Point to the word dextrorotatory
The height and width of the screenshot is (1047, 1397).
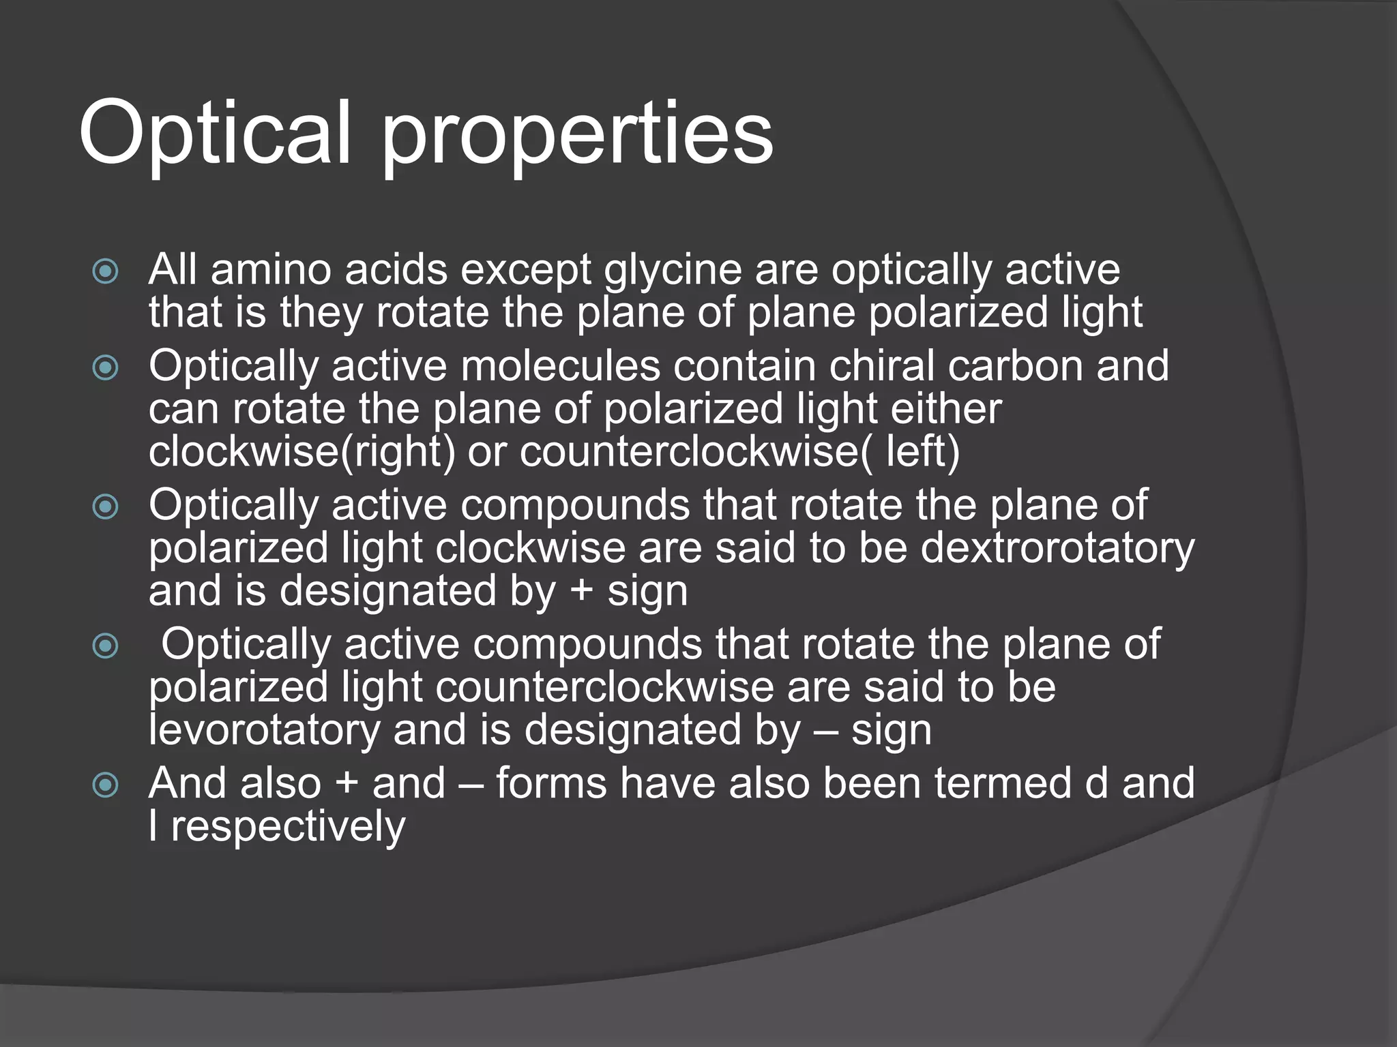pyautogui.click(x=1057, y=548)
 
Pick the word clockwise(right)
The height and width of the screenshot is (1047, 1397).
pyautogui.click(x=302, y=452)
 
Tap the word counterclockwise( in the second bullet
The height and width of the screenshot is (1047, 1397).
pyautogui.click(x=696, y=452)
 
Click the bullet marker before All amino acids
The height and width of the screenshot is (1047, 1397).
pyautogui.click(x=106, y=272)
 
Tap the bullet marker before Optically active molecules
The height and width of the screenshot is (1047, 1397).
pyautogui.click(x=106, y=369)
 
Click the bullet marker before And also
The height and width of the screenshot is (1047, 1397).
pyautogui.click(x=106, y=785)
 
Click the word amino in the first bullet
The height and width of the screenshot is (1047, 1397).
pyautogui.click(x=271, y=270)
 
